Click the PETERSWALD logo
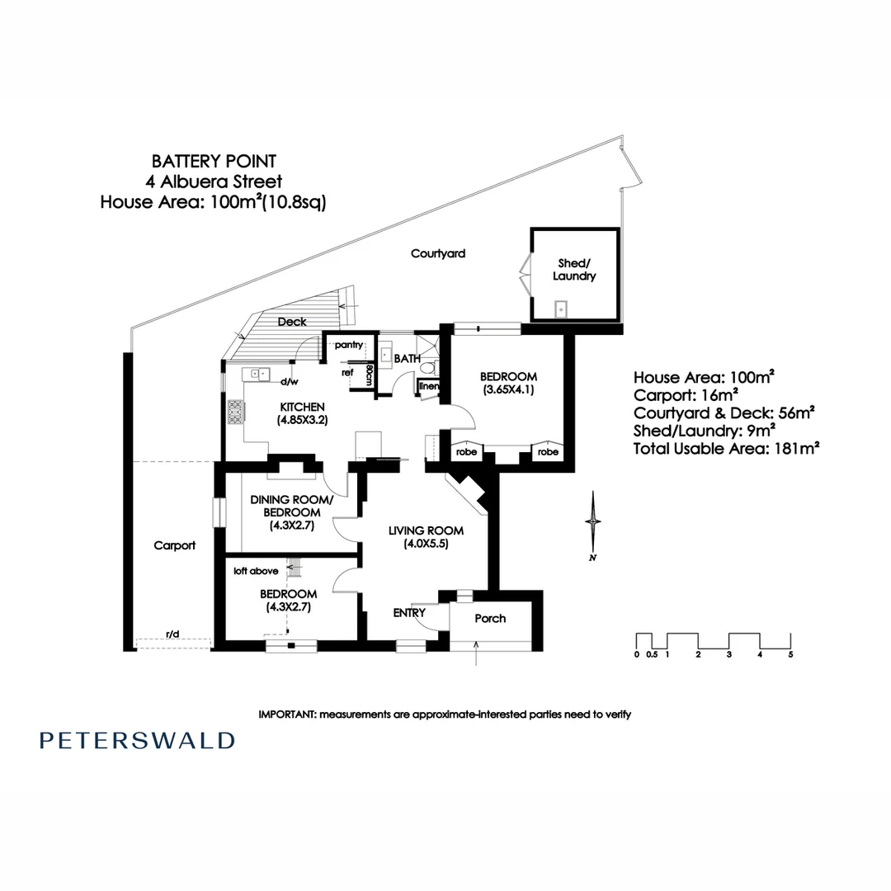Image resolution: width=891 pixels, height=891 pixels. point(137,741)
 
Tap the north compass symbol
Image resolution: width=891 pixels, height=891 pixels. point(593,526)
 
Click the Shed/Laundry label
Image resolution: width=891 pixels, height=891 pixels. point(574,270)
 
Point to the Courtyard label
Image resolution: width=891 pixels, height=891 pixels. point(438,253)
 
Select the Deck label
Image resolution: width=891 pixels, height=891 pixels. point(292,322)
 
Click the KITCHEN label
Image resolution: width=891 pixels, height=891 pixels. point(302,407)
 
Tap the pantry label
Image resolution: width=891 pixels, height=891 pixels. point(349,345)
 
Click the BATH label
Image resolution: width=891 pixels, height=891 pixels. point(408,359)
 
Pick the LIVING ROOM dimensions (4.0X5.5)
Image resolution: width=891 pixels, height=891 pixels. point(427,544)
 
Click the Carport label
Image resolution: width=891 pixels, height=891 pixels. point(174,545)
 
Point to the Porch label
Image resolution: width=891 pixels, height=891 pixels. point(490,618)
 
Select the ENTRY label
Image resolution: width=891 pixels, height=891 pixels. point(409,612)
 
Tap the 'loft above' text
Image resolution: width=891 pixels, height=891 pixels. point(256,571)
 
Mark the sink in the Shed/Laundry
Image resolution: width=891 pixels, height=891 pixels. point(561,309)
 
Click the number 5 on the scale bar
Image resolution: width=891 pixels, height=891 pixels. point(790,654)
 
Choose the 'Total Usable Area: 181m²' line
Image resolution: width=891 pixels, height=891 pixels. point(726,449)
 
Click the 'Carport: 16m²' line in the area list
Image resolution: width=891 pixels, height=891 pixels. point(686,395)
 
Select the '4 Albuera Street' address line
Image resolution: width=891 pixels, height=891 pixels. point(214,181)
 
